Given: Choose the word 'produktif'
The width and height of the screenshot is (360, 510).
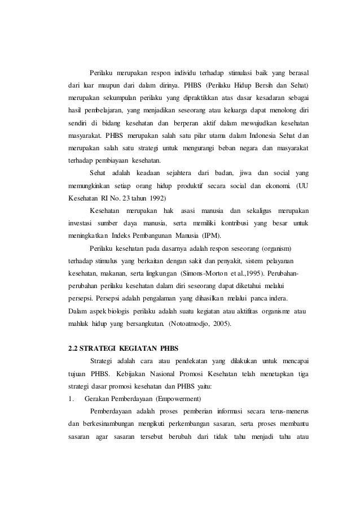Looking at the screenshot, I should (195, 185).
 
